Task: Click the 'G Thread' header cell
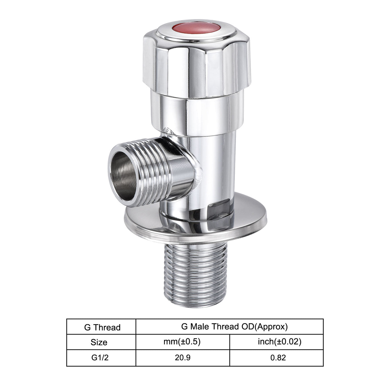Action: [102, 327]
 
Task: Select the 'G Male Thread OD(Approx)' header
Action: [234, 326]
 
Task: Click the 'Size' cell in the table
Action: [99, 342]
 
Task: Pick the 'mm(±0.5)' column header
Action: [182, 342]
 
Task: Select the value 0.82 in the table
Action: [278, 357]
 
